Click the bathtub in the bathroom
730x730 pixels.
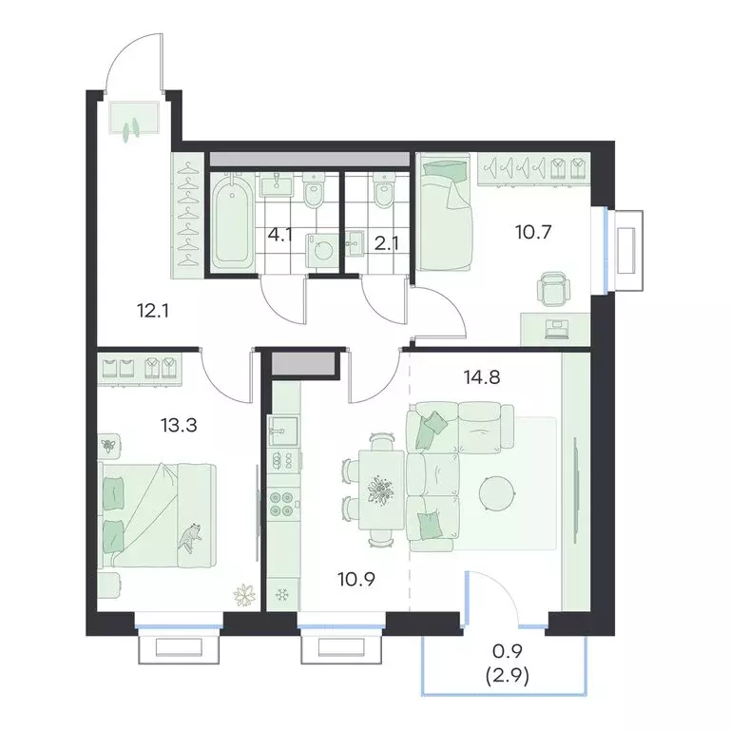[x=232, y=220]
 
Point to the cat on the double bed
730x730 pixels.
[x=191, y=537]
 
